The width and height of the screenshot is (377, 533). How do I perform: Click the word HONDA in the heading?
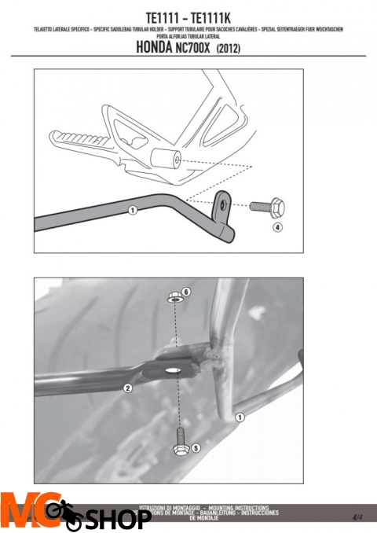(160, 49)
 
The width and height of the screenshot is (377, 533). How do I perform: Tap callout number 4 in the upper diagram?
(277, 228)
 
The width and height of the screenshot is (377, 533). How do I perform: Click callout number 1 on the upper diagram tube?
(133, 211)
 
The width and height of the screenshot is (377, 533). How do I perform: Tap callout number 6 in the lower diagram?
(186, 292)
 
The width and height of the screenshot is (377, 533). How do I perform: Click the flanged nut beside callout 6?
(173, 299)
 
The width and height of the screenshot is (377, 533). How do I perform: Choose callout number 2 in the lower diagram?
(127, 388)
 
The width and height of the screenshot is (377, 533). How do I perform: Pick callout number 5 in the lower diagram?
(196, 448)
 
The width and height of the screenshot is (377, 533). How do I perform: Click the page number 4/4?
(357, 517)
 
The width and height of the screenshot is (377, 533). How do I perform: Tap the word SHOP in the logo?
(118, 520)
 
